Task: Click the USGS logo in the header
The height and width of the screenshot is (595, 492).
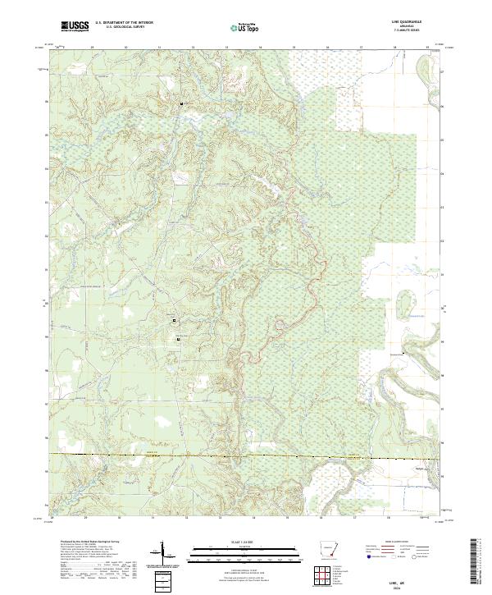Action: click(75, 26)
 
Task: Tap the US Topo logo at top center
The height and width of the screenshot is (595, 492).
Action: click(244, 27)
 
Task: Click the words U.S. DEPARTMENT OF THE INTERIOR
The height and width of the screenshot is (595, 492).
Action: click(124, 22)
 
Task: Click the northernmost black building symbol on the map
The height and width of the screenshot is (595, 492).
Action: click(181, 103)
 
